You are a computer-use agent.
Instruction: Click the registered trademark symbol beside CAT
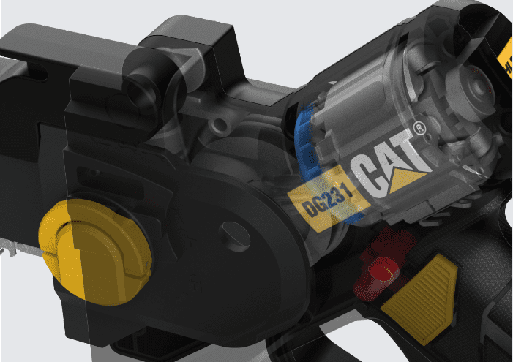coord(419,129)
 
